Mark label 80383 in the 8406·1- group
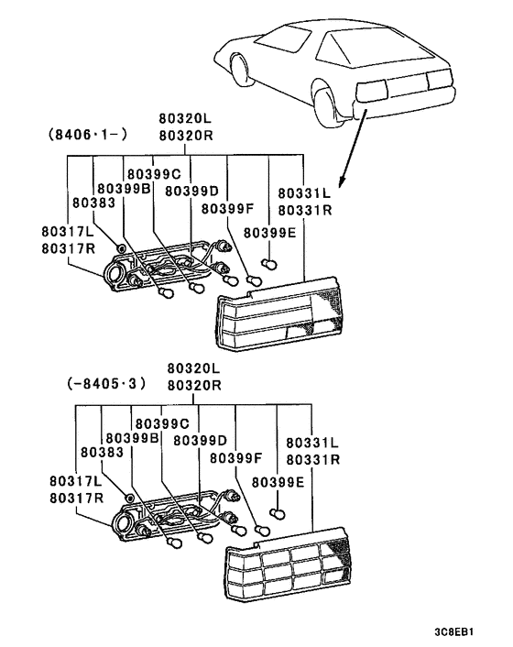(x=93, y=202)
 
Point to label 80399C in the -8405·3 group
(x=162, y=423)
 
